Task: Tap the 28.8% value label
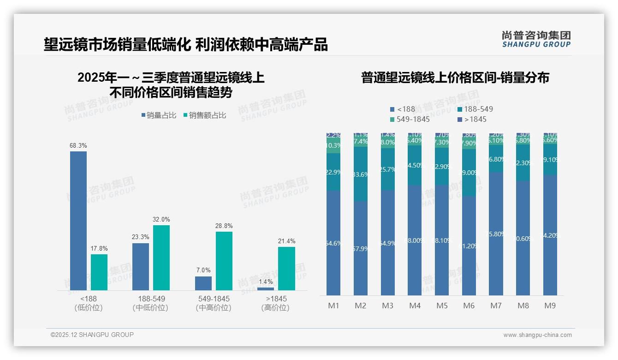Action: tap(224, 226)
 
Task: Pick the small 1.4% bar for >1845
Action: tap(265, 289)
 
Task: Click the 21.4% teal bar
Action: tap(286, 269)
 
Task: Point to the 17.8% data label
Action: tap(99, 249)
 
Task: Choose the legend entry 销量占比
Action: tap(159, 115)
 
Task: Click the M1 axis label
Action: tap(333, 306)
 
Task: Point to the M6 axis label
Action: tap(469, 306)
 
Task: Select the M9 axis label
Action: tap(550, 306)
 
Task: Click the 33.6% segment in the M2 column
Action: tap(361, 174)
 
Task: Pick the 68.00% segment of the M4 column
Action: tap(415, 240)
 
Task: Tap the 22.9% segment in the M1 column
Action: tap(333, 172)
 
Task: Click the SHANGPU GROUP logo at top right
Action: tap(536, 39)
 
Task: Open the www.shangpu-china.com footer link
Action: tap(537, 335)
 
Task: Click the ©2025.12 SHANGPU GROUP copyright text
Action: tap(92, 335)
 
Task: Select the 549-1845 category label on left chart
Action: tap(213, 303)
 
